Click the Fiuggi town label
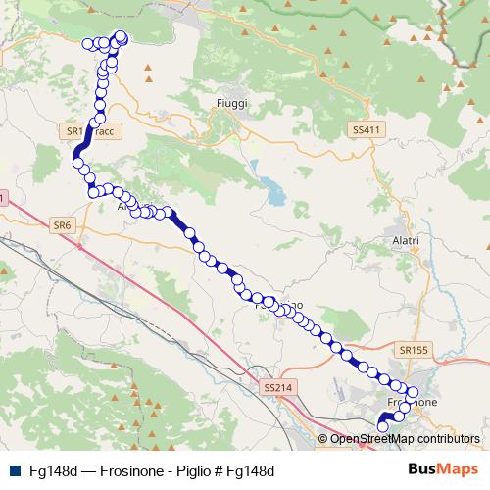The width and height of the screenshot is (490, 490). (232, 102)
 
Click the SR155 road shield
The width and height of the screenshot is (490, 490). (415, 348)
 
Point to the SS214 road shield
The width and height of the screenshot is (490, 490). (278, 388)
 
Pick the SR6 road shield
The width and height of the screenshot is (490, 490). (62, 225)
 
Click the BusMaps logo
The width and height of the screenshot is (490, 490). (444, 469)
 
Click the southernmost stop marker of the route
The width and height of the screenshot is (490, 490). (382, 425)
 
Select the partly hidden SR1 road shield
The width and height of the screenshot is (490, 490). (72, 129)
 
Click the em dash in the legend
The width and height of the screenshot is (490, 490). (88, 470)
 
